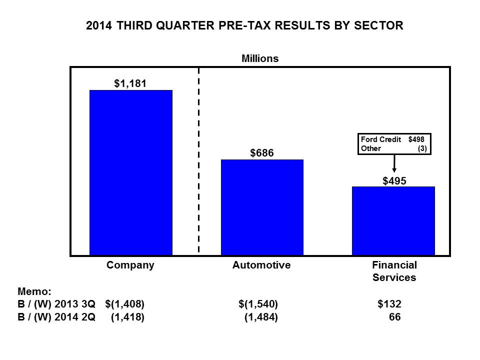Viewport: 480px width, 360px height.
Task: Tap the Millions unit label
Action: pos(260,58)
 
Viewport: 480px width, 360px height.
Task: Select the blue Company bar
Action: pos(130,172)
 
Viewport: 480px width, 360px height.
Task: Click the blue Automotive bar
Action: pos(262,207)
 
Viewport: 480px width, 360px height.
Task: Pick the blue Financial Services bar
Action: pos(393,220)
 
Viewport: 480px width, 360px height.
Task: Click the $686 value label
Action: pos(262,153)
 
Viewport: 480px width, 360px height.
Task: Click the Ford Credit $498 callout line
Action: pos(393,140)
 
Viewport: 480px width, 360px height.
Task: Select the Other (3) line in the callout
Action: pos(393,148)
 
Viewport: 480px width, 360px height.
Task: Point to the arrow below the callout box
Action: pos(394,163)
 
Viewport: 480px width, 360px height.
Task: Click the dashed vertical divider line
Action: pos(199,160)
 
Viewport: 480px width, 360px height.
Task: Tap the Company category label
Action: pos(130,265)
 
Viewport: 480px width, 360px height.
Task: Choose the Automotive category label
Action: pos(261,265)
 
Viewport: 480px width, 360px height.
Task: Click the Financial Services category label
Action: pos(394,271)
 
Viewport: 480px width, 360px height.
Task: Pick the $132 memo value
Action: pos(389,303)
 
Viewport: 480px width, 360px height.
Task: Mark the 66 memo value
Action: pos(394,316)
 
